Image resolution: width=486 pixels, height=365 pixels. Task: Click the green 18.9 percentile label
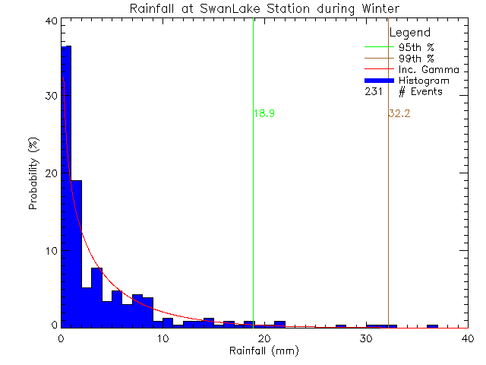click(x=264, y=113)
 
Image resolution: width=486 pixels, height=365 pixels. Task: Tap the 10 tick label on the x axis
click(x=163, y=338)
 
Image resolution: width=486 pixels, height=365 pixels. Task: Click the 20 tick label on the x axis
click(x=264, y=338)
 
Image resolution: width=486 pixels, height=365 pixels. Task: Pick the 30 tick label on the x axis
click(x=365, y=338)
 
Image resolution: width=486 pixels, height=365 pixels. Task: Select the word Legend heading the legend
click(x=410, y=33)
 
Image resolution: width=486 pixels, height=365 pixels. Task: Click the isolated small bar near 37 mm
click(x=432, y=326)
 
